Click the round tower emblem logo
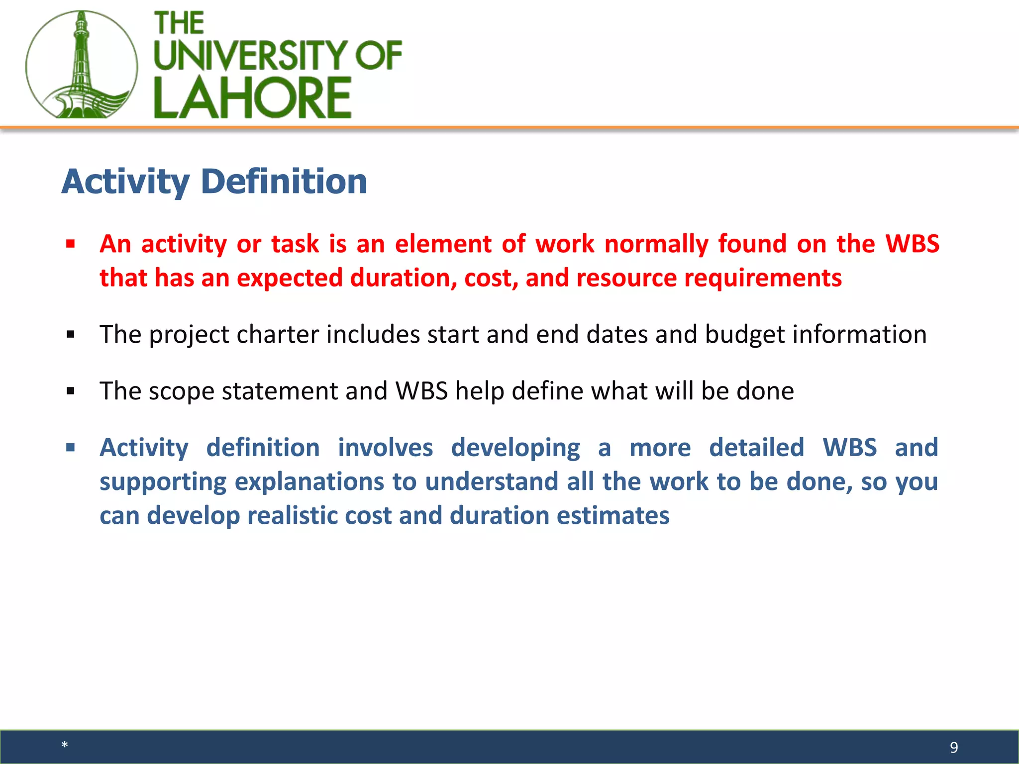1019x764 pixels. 81,65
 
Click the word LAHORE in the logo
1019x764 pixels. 253,98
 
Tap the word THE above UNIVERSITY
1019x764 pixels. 179,23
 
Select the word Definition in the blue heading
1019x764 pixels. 284,182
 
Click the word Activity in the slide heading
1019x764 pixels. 125,183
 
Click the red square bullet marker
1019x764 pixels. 71,244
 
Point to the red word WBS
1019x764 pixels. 912,244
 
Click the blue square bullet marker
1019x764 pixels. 71,448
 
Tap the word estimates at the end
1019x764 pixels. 612,516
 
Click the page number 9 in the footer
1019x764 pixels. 953,747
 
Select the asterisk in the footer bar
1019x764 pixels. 65,745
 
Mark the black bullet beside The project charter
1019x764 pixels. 71,335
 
